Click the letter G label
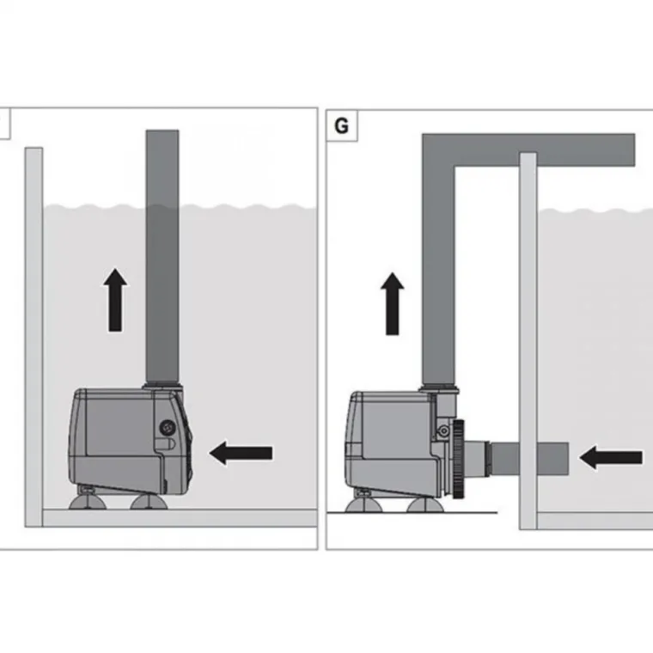pos(341,126)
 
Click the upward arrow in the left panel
pos(115,300)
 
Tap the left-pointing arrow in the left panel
pos(241,453)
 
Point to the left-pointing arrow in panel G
pos(611,457)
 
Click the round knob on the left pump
pos(168,426)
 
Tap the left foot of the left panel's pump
pos(87,497)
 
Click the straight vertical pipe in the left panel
pos(162,258)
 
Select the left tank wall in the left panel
pos(34,335)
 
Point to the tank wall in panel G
pos(528,344)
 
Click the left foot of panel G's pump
pos(363,503)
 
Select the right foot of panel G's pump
pos(422,503)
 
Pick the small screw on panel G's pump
pos(443,429)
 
